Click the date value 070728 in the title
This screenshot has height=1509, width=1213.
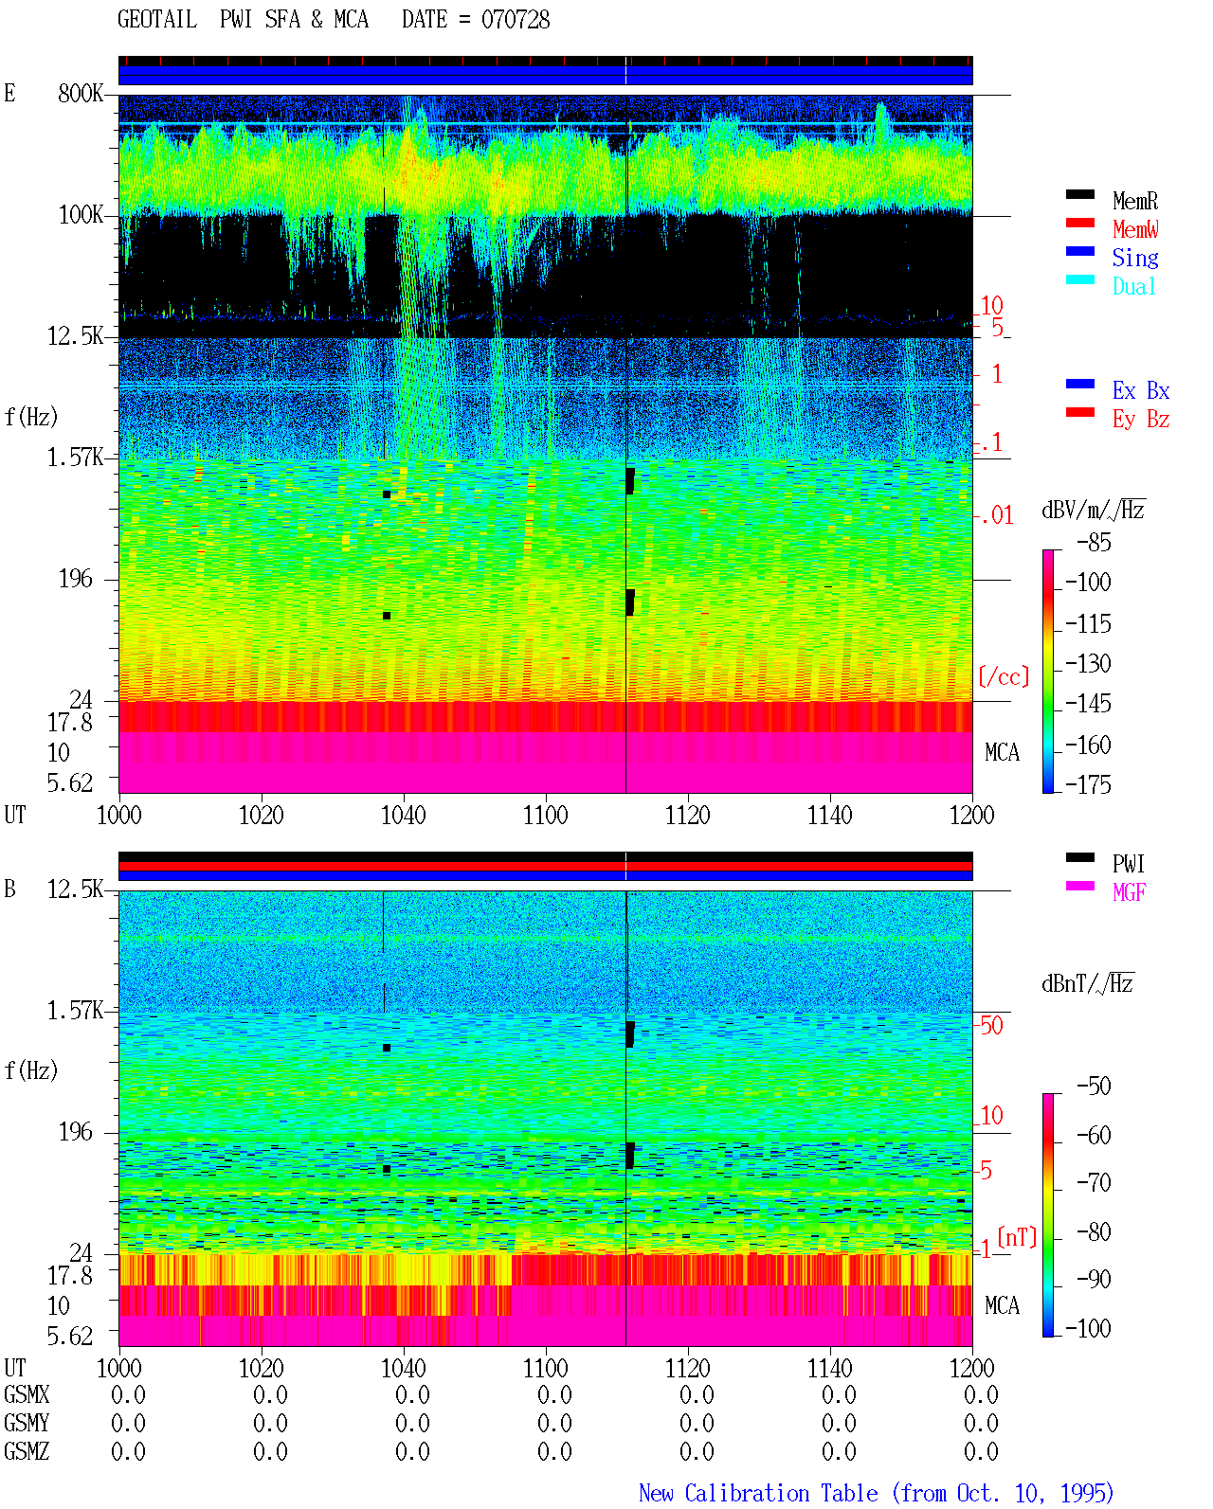[515, 20]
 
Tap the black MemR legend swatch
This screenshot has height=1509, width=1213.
[1079, 194]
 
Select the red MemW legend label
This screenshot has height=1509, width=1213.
[1135, 229]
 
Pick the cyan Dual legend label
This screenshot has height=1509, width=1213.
[1133, 286]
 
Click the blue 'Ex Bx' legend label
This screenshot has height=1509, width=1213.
[1141, 390]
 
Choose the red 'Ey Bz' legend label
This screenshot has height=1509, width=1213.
[1141, 420]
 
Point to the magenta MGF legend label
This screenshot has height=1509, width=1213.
[1129, 892]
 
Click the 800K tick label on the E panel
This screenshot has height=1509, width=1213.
[81, 93]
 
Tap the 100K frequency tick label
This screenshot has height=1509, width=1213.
[81, 215]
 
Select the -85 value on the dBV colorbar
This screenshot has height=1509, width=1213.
[1094, 542]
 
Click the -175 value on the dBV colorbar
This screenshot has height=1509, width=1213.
[1088, 784]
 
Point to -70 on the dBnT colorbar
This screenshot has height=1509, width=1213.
[1094, 1183]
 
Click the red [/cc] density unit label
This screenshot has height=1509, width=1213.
[1004, 676]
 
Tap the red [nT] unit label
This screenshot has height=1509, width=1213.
[1017, 1237]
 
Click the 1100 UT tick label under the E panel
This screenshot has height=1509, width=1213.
[545, 816]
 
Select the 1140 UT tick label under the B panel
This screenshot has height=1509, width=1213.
[830, 1368]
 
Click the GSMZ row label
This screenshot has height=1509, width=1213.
[27, 1451]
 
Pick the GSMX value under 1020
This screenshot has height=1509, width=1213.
[270, 1394]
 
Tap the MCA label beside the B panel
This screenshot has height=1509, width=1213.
[1002, 1305]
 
